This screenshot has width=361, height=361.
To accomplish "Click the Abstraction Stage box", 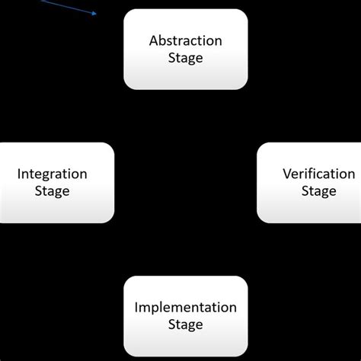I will pos(185,50).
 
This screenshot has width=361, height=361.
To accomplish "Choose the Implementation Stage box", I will pos(185,315).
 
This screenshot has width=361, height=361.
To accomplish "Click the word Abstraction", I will pos(185,40).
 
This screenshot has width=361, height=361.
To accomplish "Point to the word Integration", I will pos(52,174).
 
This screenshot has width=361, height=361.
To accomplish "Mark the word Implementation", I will pos(185,307).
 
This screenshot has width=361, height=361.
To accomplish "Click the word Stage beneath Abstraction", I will pos(185,59).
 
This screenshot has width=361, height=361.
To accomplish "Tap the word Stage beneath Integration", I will pos(52,191).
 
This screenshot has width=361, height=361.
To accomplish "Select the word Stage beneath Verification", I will pos(318,191).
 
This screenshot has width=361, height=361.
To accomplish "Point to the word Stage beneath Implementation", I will pos(185,325).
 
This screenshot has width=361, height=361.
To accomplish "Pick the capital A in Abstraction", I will pos(154,40).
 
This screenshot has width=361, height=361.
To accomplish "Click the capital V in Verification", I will pos(287,174).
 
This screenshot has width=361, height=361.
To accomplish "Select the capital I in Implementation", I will pos(136,307).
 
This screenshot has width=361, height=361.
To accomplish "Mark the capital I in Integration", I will pos(19,174).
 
